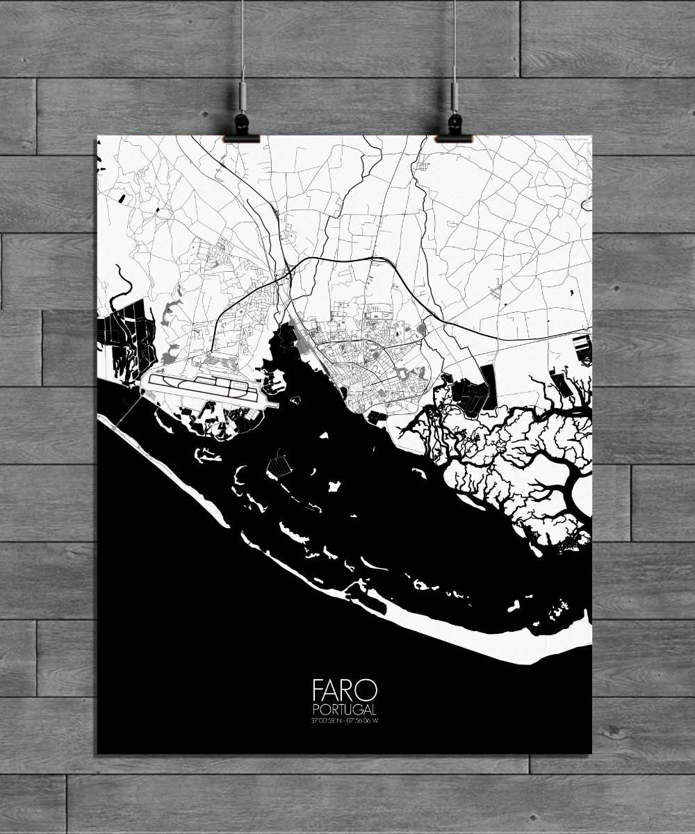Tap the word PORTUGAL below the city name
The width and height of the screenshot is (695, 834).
[x=345, y=710]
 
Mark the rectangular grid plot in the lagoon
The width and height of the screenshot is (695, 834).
[x=279, y=464]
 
